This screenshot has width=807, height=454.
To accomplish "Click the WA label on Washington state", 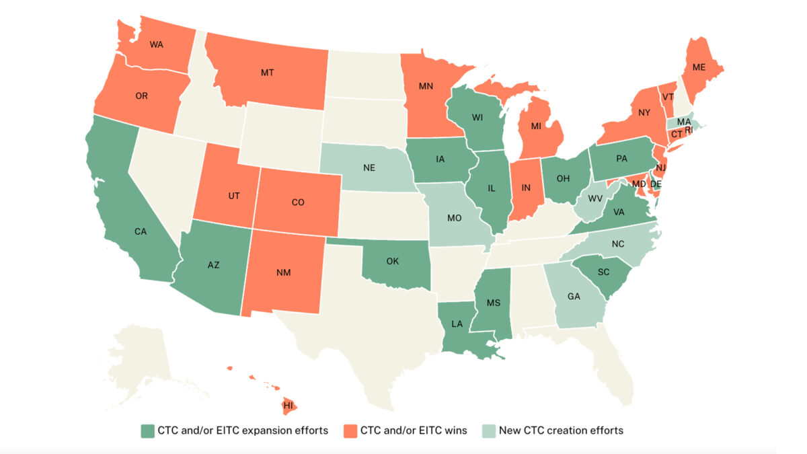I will click(x=156, y=44).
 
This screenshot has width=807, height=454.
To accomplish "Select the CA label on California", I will click(x=141, y=231).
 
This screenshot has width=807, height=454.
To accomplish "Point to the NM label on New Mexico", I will click(x=283, y=273).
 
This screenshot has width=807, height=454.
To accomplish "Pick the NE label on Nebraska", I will click(x=369, y=167).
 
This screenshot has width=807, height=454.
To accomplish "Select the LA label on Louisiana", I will click(x=457, y=324).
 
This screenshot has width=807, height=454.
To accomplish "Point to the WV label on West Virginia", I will click(x=594, y=199).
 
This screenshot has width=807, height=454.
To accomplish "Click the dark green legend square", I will click(x=147, y=430).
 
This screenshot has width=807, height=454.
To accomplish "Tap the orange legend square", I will click(x=349, y=430).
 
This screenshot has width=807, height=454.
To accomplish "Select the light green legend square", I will click(x=488, y=430).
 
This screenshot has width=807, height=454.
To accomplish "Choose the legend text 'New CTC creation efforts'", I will click(x=561, y=430).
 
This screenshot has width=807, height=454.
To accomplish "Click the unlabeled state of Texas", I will click(x=363, y=330).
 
